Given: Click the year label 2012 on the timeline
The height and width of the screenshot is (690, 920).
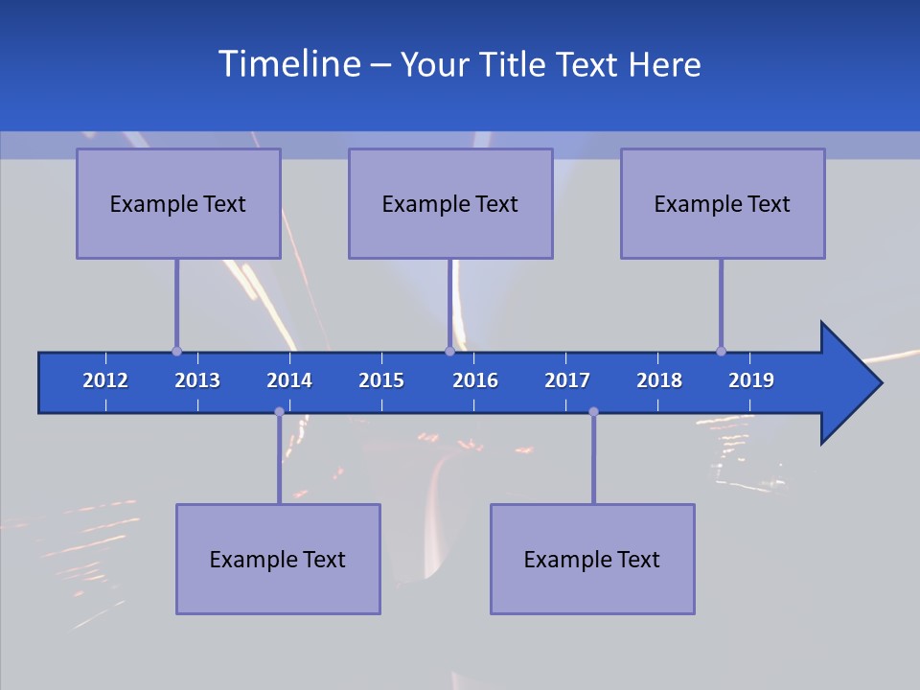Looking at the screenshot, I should pyautogui.click(x=105, y=380).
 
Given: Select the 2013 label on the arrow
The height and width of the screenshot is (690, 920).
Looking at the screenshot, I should pyautogui.click(x=197, y=380).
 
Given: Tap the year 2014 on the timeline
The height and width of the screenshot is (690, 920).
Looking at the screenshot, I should pyautogui.click(x=289, y=380).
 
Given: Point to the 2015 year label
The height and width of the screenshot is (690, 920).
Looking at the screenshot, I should pyautogui.click(x=381, y=380).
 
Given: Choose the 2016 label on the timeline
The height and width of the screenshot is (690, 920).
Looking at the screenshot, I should pyautogui.click(x=475, y=380).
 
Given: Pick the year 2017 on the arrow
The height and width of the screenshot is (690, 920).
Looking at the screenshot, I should pyautogui.click(x=567, y=380).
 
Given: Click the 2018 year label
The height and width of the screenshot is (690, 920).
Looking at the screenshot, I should pyautogui.click(x=659, y=380).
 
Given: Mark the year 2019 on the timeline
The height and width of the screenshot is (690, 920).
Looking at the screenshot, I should pyautogui.click(x=751, y=380).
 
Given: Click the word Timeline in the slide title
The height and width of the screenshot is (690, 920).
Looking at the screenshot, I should pyautogui.click(x=288, y=63).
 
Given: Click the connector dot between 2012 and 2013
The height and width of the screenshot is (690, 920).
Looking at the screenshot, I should pyautogui.click(x=176, y=352).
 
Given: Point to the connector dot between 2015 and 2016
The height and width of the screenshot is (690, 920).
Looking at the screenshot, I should pyautogui.click(x=449, y=352).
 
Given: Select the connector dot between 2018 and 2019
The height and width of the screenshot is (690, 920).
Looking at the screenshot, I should pyautogui.click(x=721, y=352).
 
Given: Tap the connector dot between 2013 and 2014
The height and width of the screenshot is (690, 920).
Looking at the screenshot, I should pyautogui.click(x=279, y=412).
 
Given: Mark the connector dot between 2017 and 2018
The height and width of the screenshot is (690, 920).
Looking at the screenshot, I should pyautogui.click(x=593, y=412).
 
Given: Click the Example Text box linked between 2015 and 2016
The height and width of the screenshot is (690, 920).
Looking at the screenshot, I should pyautogui.click(x=450, y=203).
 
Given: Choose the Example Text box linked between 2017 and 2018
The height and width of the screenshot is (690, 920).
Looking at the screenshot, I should pyautogui.click(x=592, y=559).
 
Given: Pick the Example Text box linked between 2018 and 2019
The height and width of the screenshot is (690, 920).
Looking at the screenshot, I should pyautogui.click(x=723, y=203).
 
